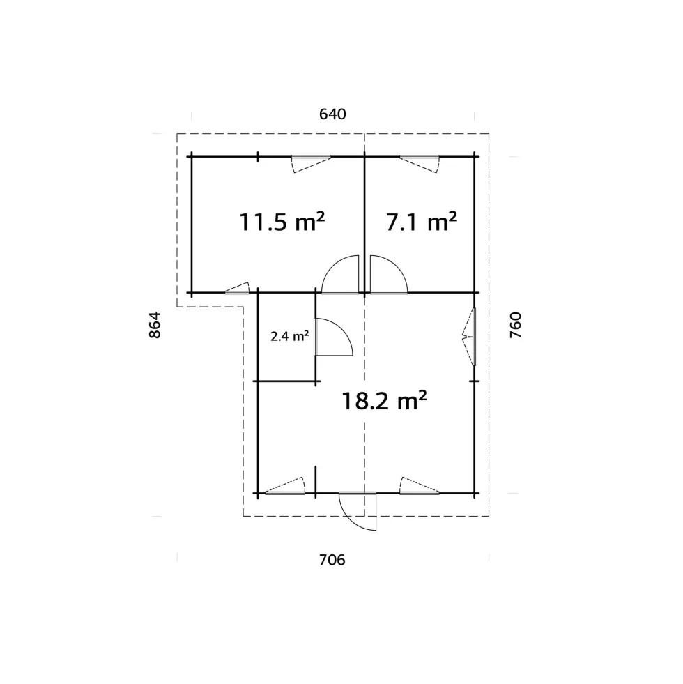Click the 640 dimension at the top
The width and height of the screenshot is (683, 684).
click(x=332, y=114)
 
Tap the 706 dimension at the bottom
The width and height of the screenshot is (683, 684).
click(x=332, y=560)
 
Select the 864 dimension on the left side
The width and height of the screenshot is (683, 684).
click(x=155, y=325)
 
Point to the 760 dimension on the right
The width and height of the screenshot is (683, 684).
click(x=516, y=325)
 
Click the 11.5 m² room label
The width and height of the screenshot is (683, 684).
click(x=282, y=222)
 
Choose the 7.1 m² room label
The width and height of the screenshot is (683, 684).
click(x=422, y=222)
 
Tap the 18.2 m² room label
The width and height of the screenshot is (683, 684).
click(x=384, y=400)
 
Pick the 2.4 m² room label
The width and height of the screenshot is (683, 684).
click(x=290, y=336)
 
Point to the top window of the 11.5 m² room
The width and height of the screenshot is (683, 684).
click(x=311, y=164)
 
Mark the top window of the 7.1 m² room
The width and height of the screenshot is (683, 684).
click(x=420, y=164)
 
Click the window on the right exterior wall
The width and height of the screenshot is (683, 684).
click(x=470, y=336)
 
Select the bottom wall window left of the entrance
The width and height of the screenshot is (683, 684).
click(x=285, y=485)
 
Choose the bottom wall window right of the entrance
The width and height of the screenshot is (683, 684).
click(x=420, y=485)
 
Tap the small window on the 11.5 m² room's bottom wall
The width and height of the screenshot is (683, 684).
click(x=237, y=288)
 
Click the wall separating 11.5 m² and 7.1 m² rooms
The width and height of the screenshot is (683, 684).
click(x=364, y=225)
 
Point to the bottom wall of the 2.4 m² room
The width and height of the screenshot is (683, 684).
click(x=286, y=381)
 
